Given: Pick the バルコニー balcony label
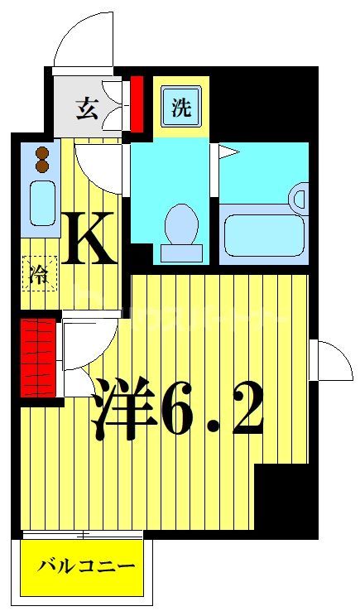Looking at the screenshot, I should (85, 568).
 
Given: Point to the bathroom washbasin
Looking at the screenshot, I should (300, 198).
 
